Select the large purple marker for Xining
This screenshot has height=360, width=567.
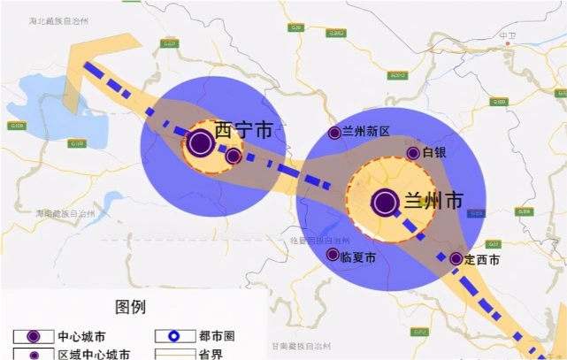point(201,142)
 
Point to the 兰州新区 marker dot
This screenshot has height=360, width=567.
point(334,133)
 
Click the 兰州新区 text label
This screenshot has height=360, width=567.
point(366,131)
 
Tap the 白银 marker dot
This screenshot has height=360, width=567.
point(413,153)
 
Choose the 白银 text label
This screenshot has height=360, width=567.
point(434,152)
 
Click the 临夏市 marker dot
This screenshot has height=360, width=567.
point(333,255)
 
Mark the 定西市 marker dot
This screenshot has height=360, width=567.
point(456,259)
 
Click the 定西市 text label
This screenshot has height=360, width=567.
point(483,259)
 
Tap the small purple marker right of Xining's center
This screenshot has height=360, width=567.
point(234,157)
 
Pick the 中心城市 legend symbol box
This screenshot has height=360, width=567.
point(33,336)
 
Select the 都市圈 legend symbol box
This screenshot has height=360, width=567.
point(174,336)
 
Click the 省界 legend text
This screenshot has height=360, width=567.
point(211,354)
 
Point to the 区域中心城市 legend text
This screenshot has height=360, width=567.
point(94,354)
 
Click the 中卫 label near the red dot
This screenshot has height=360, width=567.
point(507,36)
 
